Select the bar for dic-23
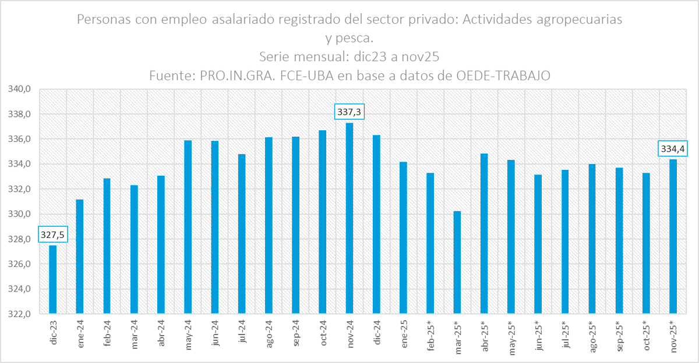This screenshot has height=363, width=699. coord(53,279)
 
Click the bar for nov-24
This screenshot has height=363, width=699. coord(349,218)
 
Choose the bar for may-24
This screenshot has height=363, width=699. coord(188,227)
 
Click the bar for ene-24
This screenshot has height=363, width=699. coord(80,256)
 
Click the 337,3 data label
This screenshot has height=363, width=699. coord(349,112)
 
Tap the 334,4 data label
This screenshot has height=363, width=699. coord(672,149)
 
